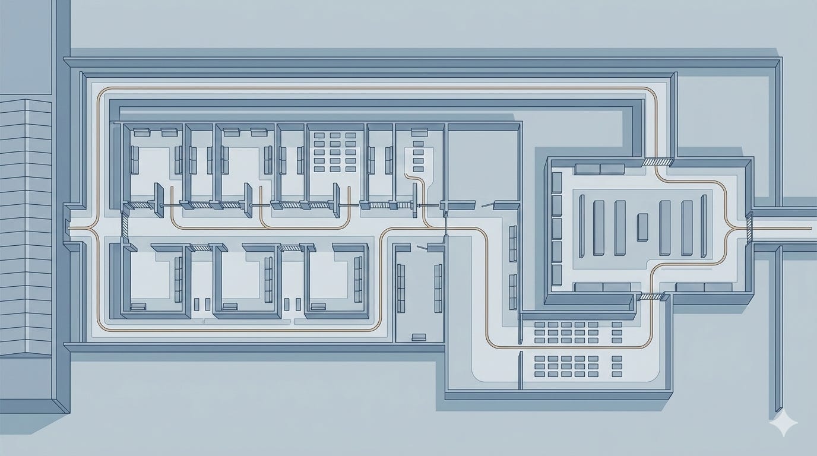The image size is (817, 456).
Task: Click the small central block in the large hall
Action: [642, 227]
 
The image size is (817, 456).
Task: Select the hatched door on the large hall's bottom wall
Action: [652, 296]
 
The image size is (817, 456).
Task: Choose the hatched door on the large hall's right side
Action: [749, 227]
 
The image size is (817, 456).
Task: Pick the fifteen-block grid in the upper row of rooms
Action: [335, 152]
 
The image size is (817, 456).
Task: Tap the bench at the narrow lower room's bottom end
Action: [419, 337]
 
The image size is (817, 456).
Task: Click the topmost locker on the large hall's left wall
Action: [557, 182]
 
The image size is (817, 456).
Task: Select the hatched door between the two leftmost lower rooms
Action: [201, 247]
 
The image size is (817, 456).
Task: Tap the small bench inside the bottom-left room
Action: [138, 306]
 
